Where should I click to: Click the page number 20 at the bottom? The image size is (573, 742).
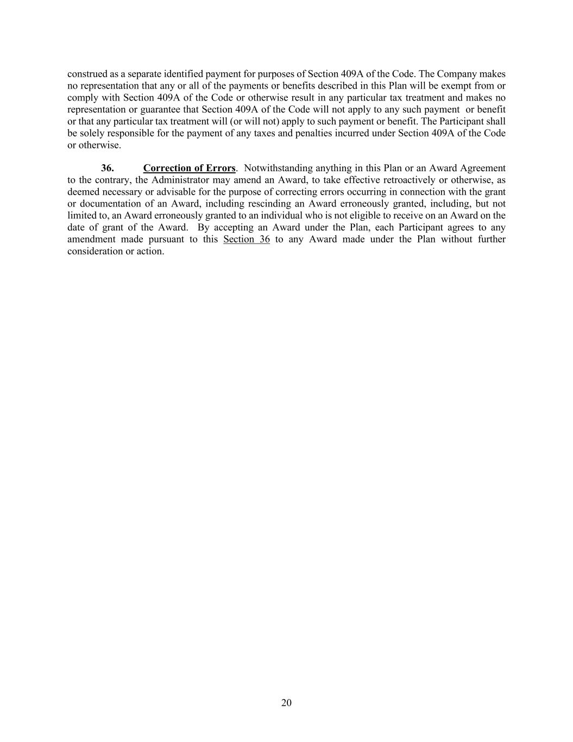coord(286,703)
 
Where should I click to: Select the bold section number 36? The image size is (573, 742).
coord(107,168)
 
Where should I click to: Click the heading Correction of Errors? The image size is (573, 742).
coord(189,168)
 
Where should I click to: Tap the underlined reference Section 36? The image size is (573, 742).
coord(247,239)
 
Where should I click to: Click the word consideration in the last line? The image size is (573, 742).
coord(95,251)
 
